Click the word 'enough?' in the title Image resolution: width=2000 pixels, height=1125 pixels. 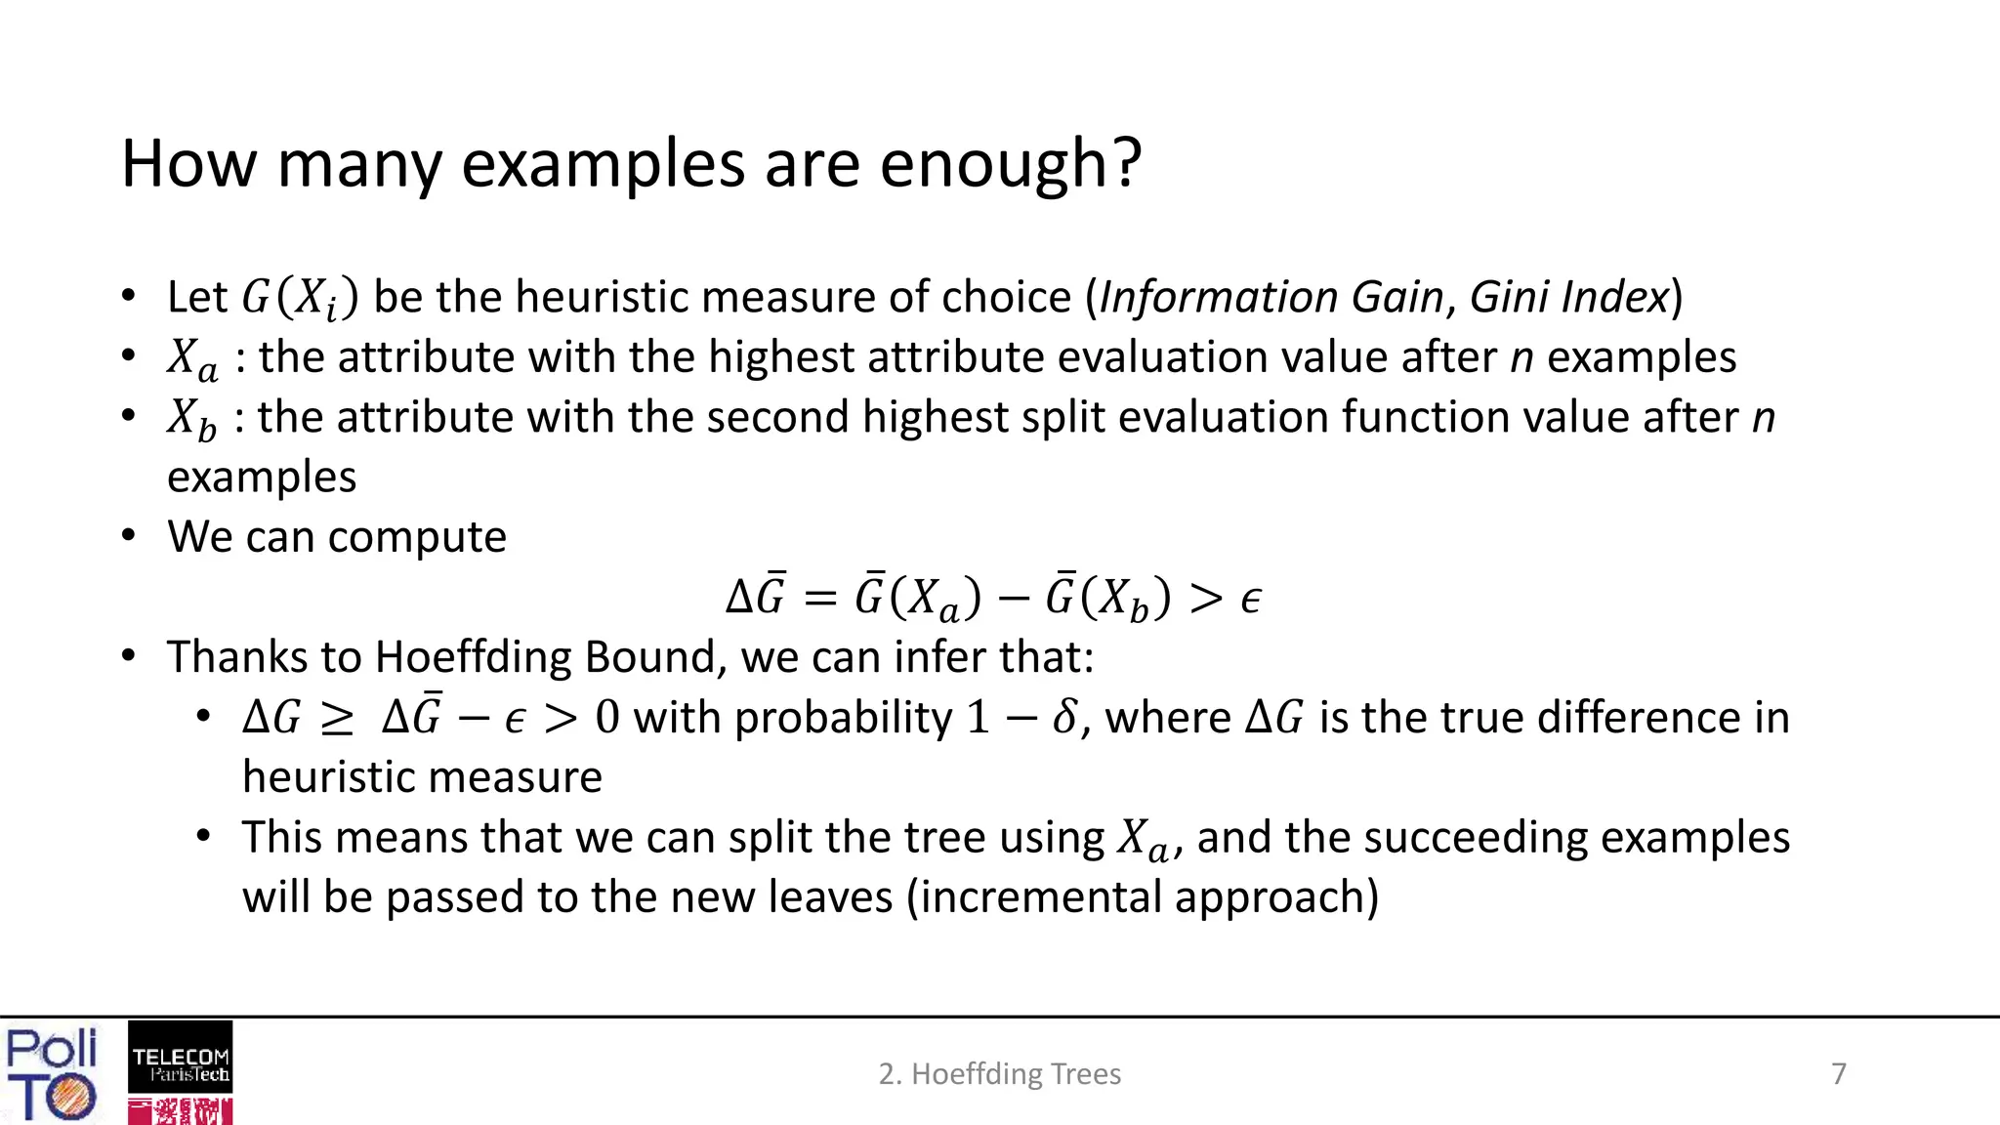(1010, 164)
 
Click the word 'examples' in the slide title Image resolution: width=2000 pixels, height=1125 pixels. (604, 164)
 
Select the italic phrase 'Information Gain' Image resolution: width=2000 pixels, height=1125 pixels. (1271, 297)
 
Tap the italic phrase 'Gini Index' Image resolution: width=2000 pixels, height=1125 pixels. (1568, 297)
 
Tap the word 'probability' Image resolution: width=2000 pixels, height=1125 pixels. (843, 718)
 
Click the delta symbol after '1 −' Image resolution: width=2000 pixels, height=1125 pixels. (1064, 718)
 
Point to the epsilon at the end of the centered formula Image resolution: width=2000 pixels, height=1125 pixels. (1250, 599)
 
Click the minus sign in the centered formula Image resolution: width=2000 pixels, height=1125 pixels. (1014, 599)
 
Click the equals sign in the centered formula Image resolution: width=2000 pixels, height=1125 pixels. (820, 599)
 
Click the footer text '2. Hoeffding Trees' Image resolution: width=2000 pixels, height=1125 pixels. (999, 1074)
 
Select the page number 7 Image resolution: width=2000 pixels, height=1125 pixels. (1839, 1074)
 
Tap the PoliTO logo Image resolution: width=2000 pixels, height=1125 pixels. (52, 1073)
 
